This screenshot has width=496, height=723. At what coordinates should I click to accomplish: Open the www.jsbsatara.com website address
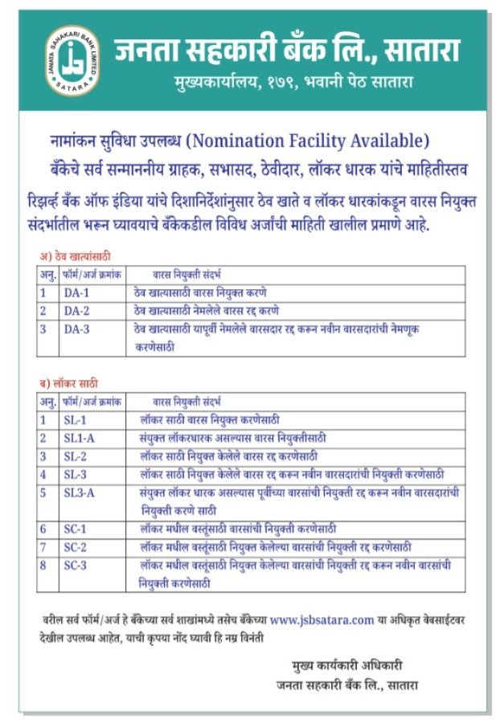pos(322,619)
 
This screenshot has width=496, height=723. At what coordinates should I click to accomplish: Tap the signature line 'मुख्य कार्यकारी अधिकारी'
pos(346,665)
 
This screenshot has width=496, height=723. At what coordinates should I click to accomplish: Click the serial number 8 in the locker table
pos(43,565)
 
